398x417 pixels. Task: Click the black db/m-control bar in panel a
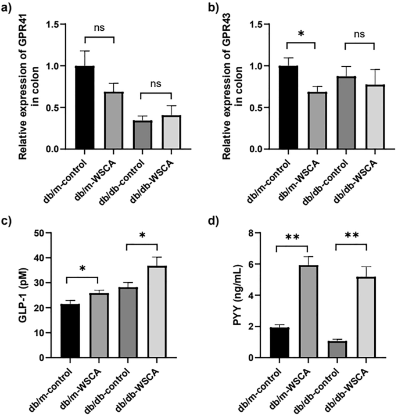point(85,107)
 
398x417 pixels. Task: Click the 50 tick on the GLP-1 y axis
point(55,233)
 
